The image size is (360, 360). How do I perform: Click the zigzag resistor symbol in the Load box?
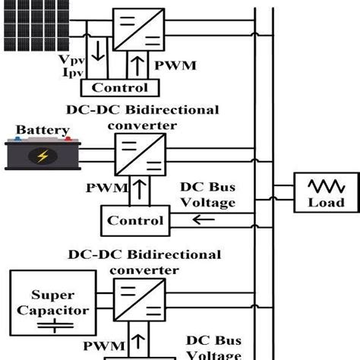point(326,185)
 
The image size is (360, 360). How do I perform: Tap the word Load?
point(326,202)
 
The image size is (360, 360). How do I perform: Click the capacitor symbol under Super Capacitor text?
point(49,327)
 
